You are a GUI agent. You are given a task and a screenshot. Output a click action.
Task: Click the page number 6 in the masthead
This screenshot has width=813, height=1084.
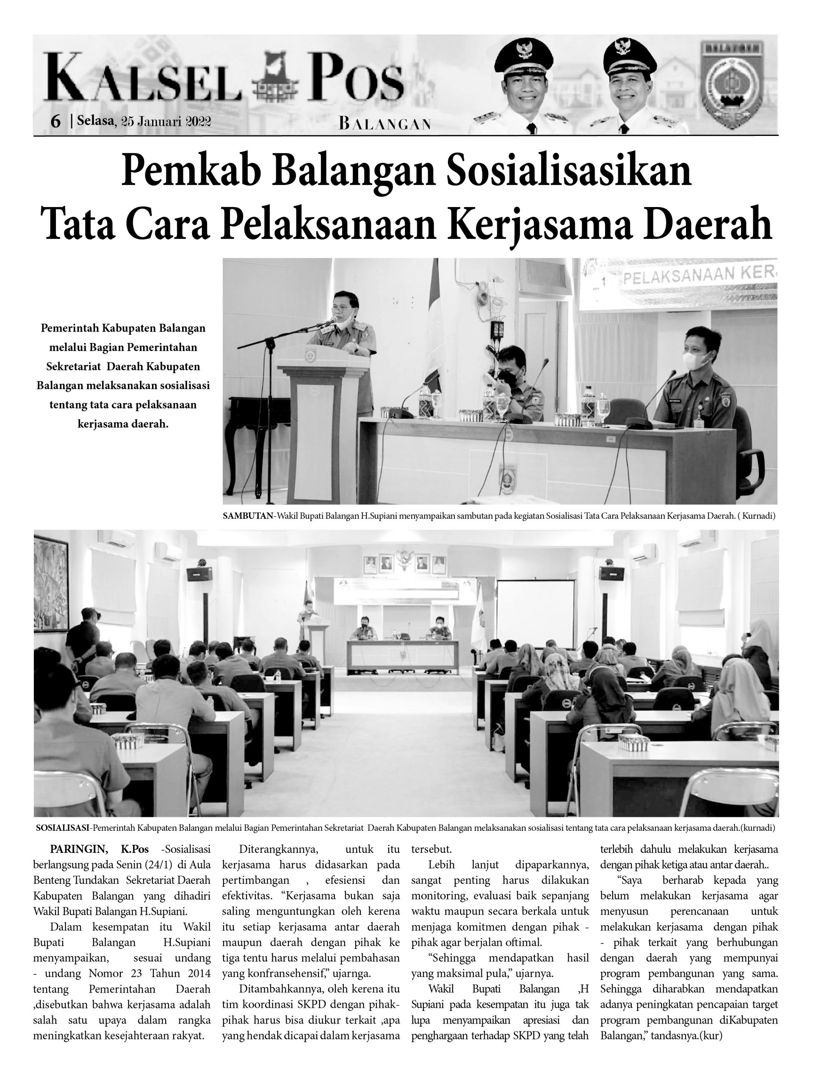coord(55,121)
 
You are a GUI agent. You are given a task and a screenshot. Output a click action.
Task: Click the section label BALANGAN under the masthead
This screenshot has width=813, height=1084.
coord(384,124)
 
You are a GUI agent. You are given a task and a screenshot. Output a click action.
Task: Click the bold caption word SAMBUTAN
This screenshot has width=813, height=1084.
coord(247,516)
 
